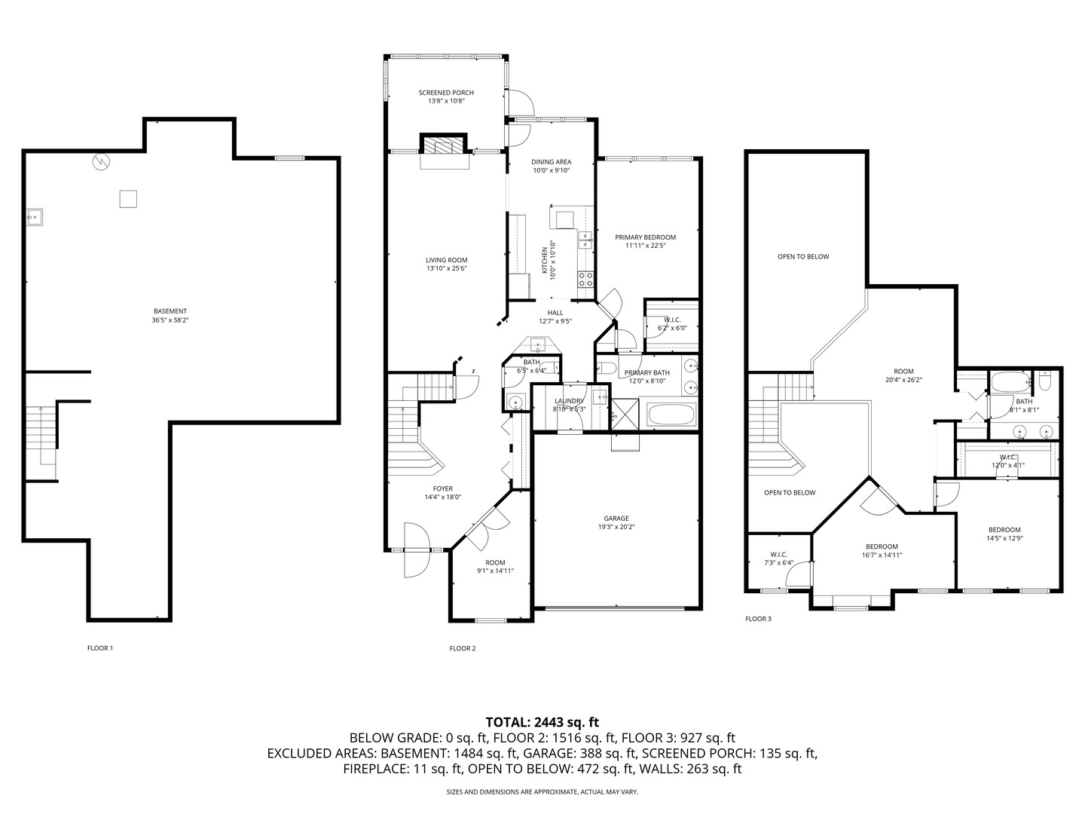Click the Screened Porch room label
(446, 93)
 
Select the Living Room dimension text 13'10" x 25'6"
(447, 268)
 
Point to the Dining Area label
(551, 162)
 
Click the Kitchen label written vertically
(545, 260)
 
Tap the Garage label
(616, 519)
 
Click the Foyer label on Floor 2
(443, 489)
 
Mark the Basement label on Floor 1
(170, 311)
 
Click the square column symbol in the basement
(128, 198)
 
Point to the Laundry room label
(569, 401)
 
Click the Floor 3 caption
(758, 619)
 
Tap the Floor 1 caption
(100, 648)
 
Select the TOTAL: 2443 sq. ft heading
(542, 722)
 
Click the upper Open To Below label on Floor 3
(803, 257)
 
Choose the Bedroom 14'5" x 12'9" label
(1004, 530)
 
